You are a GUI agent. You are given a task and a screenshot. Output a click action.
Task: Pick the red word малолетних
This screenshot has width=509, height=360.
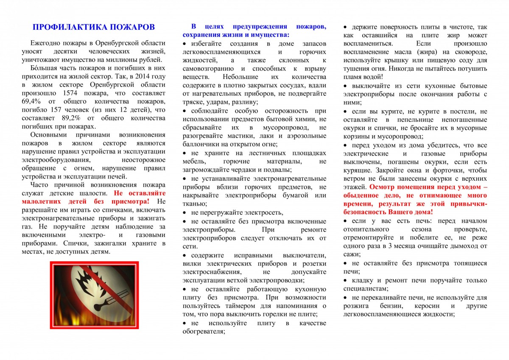coord(40,201)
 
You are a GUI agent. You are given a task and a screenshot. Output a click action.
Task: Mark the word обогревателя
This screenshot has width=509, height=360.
coord(203,332)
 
